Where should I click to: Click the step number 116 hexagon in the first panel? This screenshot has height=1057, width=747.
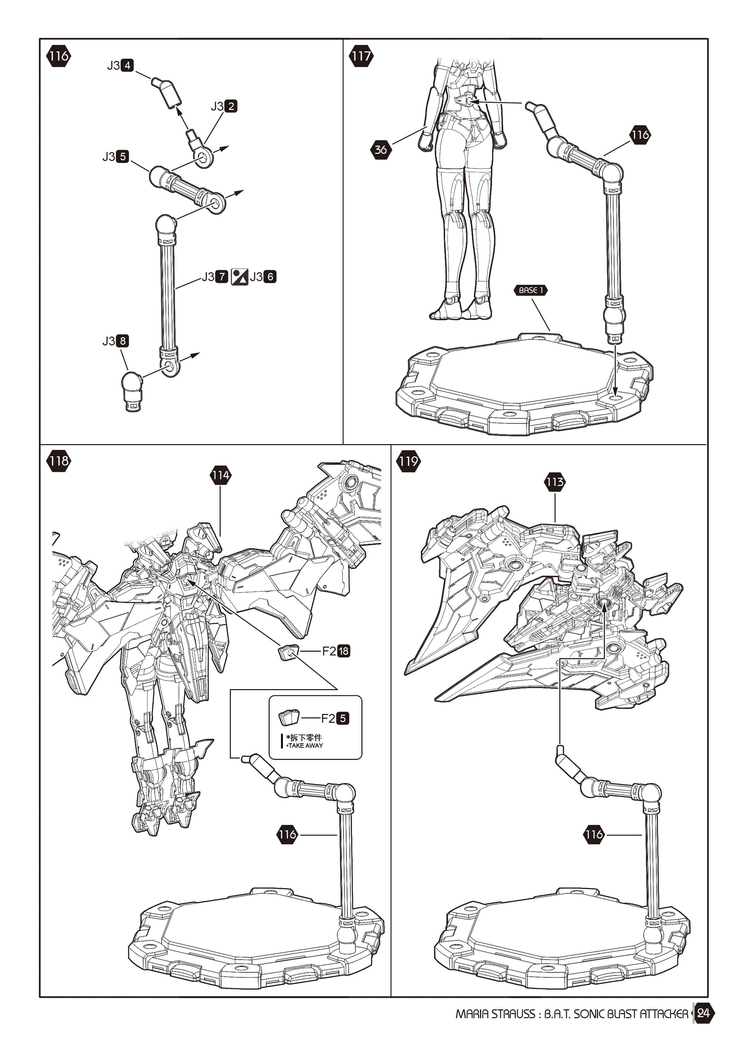coord(58,56)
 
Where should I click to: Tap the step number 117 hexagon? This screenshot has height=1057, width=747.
coord(361,56)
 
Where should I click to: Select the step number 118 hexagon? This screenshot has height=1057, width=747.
coord(58,461)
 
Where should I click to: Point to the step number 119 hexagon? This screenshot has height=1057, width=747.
coord(408,461)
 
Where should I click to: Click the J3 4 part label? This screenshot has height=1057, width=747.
coord(120,65)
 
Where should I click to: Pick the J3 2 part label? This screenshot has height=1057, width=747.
coord(224,106)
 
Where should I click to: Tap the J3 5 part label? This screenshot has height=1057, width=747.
coord(116,157)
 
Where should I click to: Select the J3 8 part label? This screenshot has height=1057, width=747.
coord(116,341)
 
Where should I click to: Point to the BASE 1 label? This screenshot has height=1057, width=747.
coord(530,290)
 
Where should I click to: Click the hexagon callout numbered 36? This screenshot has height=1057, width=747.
coord(381,150)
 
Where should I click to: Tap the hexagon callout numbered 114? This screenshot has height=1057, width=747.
coord(220,475)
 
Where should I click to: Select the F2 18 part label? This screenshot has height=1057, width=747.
coord(336,651)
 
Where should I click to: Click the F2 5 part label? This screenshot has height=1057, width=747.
coord(335,718)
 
